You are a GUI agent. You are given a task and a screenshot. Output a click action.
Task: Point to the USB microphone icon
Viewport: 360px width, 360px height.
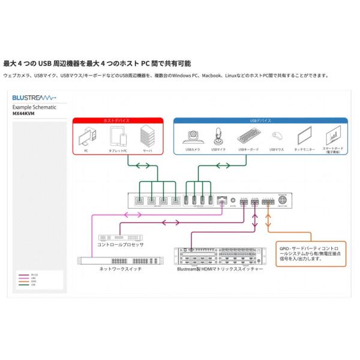[220, 136]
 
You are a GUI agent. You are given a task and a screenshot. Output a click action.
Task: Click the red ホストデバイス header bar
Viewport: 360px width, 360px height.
[117, 121]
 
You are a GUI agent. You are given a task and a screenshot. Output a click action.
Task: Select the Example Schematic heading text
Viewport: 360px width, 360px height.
[34, 106]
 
